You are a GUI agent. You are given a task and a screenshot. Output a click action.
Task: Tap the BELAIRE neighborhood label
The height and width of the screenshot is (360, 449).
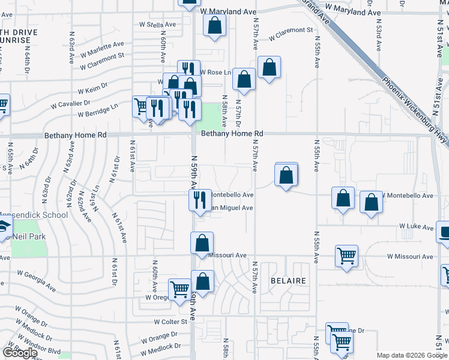click(288, 281)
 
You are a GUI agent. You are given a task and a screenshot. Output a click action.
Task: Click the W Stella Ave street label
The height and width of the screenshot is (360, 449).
click(157, 25)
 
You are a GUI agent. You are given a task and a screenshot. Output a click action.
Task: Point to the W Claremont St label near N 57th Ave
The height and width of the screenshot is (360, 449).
click(291, 33)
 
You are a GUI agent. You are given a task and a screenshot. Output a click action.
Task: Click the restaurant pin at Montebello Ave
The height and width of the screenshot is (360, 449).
click(199, 200)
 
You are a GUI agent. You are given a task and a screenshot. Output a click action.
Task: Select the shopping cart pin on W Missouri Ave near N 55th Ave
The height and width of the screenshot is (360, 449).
click(346, 256)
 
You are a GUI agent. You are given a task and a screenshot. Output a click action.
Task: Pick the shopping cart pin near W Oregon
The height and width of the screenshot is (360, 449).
click(179, 290)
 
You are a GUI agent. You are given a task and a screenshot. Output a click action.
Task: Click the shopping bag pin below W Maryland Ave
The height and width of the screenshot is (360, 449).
click(214, 26)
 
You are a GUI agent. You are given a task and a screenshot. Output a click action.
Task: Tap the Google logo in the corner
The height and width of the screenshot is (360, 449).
click(20, 353)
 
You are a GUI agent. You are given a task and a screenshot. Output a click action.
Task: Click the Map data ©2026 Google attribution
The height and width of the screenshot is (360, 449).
click(411, 355)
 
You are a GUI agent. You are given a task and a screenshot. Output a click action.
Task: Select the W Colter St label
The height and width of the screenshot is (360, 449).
click(170, 322)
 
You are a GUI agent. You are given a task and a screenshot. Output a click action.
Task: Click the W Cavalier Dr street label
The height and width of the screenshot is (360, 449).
click(70, 104)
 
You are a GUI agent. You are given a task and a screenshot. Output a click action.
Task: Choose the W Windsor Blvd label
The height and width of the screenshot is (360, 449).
click(38, 341)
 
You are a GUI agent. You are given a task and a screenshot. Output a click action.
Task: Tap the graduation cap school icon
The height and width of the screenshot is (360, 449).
click(4, 228)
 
